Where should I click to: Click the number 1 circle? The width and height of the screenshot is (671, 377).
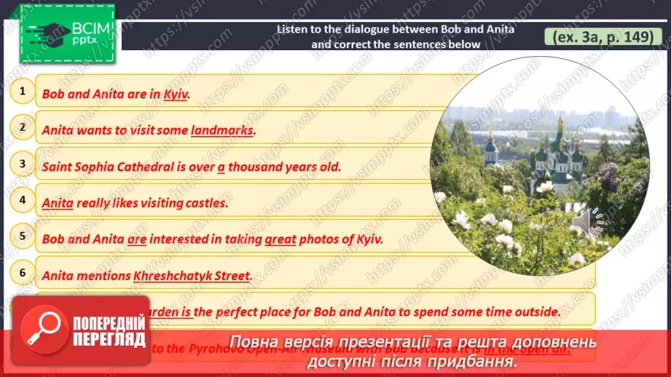coord(23,91)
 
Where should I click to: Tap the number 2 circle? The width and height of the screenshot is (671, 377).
coord(23,127)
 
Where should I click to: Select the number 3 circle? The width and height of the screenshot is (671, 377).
coord(23,164)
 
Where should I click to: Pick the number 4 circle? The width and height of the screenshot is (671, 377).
coord(23,199)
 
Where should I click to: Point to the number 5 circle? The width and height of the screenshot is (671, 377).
coord(23,236)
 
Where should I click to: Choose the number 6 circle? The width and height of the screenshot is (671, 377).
coord(23,273)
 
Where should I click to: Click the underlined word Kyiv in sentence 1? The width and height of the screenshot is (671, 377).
coord(176,94)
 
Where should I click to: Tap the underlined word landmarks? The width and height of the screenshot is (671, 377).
coord(222,130)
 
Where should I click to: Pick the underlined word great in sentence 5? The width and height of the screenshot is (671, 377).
coord(280,239)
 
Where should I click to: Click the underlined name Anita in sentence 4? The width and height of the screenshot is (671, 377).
coord(58,203)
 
